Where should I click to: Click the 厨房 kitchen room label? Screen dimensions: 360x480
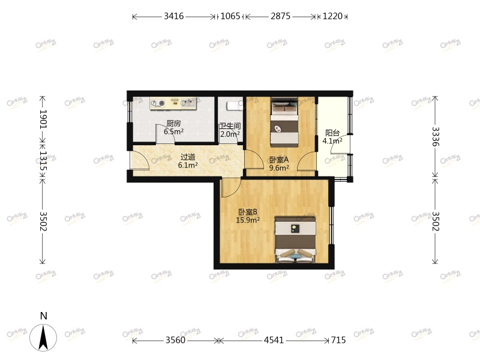click(173, 124)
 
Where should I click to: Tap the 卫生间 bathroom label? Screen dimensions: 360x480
click(230, 126)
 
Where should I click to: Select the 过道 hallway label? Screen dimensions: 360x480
click(188, 157)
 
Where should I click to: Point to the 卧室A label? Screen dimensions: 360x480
click(278, 160)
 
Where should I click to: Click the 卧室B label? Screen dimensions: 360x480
click(248, 212)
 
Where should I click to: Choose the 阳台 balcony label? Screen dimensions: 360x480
click(332, 133)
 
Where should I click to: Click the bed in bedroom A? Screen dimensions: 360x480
click(284, 122)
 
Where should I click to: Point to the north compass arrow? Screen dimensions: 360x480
click(43, 337)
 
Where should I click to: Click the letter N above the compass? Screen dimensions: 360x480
click(43, 316)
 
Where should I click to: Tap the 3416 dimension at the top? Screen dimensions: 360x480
click(173, 16)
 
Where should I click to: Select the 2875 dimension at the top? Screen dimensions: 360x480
click(280, 16)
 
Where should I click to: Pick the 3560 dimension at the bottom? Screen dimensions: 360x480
click(175, 340)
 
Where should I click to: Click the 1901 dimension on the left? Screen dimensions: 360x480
click(43, 119)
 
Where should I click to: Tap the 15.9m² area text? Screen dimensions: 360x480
click(248, 220)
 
